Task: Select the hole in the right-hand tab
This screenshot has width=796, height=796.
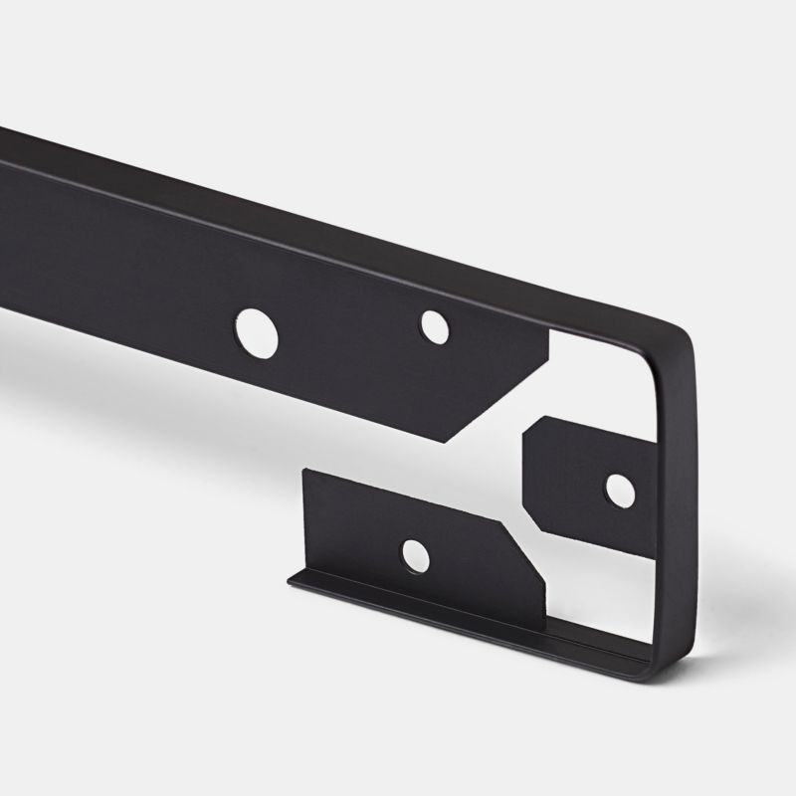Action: [x=619, y=488]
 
